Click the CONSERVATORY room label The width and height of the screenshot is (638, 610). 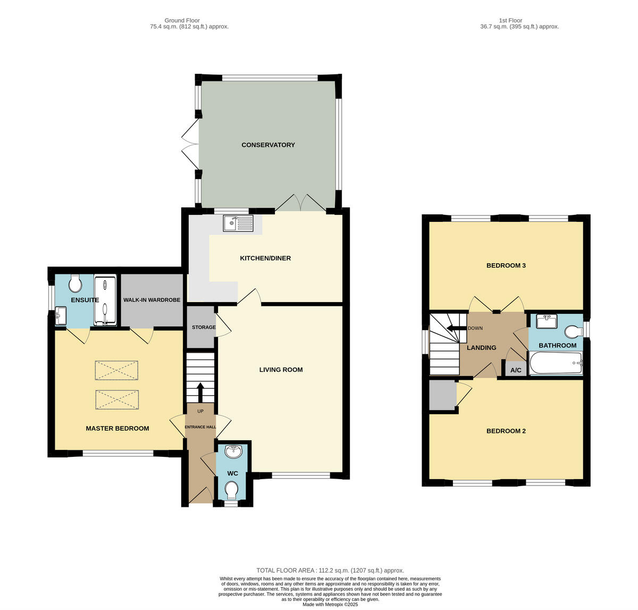[x=268, y=145]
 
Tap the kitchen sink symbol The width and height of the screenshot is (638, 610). [x=239, y=224]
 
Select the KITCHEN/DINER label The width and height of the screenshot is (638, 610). [x=265, y=258]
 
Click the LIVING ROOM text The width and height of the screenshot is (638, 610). [x=281, y=370]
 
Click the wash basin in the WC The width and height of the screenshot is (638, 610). [x=233, y=452]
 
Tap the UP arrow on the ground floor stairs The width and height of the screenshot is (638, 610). [x=200, y=392]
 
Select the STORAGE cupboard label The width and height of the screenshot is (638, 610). [x=204, y=327]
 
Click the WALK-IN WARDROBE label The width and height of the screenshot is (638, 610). [x=152, y=300]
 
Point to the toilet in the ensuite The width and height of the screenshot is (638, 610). [x=75, y=284]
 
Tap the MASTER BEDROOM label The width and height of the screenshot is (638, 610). [x=117, y=428]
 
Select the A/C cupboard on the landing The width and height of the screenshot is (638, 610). [x=515, y=370]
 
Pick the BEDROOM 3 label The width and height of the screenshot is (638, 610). [x=506, y=265]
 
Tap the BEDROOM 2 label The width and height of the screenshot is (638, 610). [x=506, y=431]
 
